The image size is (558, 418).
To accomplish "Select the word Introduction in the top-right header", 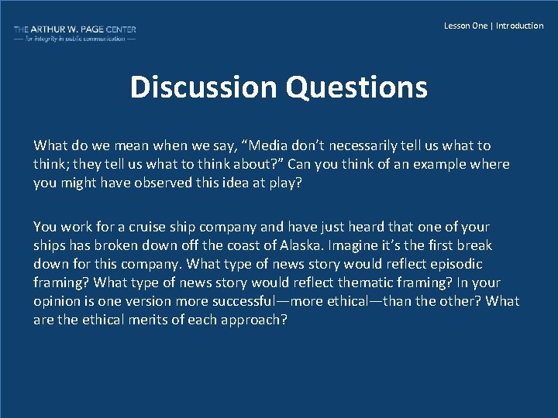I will point(520,26).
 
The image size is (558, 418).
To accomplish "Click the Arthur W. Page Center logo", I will point(74,33).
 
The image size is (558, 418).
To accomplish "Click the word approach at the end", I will point(254,320).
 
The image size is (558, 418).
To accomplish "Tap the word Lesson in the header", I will point(457,26).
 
